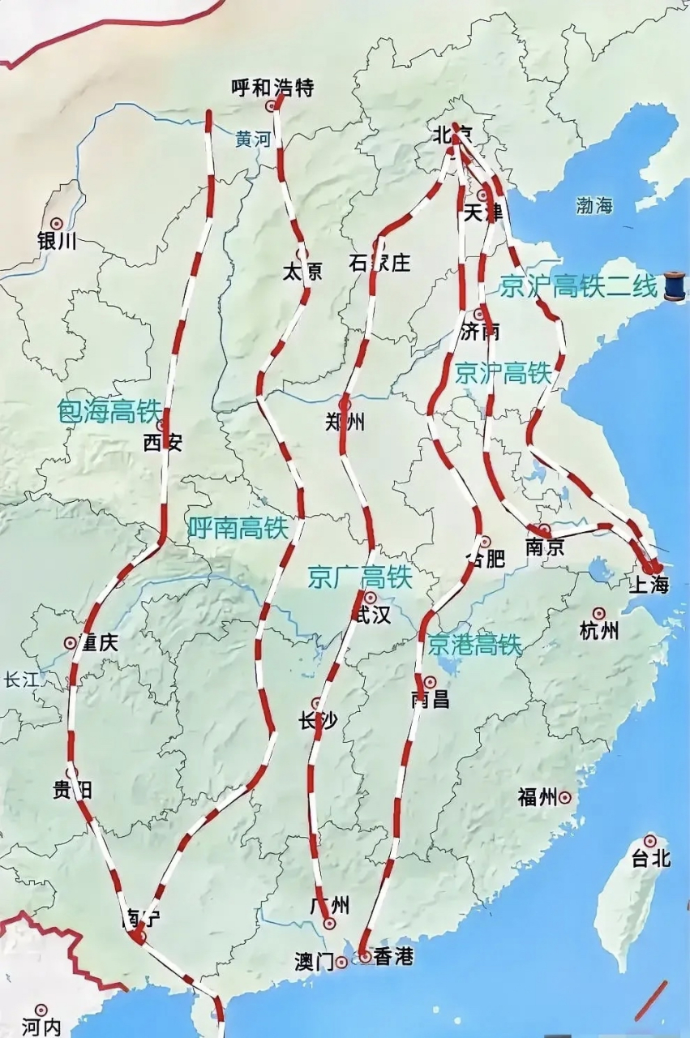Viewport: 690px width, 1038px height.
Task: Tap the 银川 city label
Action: (57, 241)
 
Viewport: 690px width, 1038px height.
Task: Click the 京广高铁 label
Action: (360, 577)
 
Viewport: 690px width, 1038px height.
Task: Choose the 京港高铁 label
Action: (475, 645)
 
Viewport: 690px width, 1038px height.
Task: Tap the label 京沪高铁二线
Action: (577, 287)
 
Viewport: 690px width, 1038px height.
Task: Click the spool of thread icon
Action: (675, 286)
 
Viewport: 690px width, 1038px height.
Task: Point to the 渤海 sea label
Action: (594, 205)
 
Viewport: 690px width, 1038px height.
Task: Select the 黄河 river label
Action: (252, 139)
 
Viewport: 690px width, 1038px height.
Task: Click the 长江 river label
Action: (20, 680)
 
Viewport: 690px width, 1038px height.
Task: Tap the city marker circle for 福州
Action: (565, 798)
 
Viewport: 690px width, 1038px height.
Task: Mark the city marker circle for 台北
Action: (649, 841)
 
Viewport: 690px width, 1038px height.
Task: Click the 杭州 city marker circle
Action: (599, 614)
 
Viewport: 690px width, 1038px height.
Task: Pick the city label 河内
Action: (41, 1027)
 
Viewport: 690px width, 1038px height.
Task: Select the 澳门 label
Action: (314, 962)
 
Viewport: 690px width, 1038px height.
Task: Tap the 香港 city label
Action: (392, 958)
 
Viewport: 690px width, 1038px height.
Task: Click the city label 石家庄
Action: (379, 264)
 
